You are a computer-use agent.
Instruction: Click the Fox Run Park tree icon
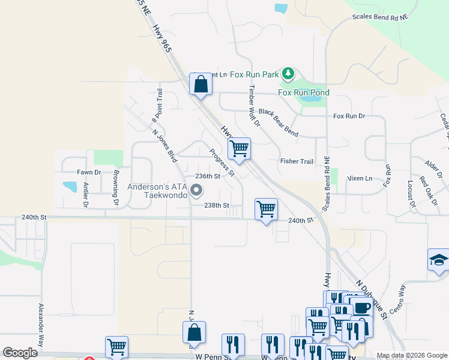point(289,74)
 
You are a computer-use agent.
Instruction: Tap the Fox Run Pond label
point(303,92)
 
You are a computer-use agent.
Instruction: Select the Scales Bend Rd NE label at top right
point(379,17)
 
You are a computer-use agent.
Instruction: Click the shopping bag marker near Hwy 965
point(201,84)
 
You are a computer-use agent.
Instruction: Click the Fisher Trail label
point(297,161)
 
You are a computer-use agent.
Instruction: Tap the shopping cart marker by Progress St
point(240,149)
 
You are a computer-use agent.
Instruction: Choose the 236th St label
point(208,176)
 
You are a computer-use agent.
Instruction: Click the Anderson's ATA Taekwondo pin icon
point(196,191)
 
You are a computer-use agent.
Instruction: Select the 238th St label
point(217,205)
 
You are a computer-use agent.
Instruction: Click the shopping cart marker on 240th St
point(266,210)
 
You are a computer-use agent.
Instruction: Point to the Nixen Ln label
point(360,178)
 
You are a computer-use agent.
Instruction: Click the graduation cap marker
point(439,260)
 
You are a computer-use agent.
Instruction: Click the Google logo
point(20,353)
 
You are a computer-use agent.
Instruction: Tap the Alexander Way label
point(41,324)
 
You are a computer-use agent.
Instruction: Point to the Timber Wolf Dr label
point(253,106)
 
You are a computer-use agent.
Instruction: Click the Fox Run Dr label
point(349,116)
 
